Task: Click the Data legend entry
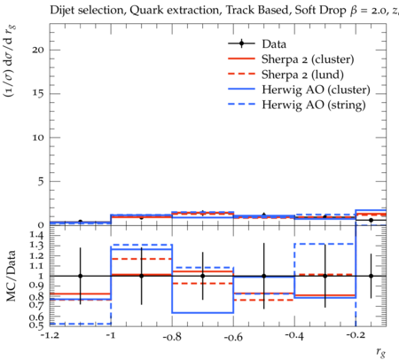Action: tap(274, 44)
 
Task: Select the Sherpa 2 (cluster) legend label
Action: tap(308, 59)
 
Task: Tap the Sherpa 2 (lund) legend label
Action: tap(302, 74)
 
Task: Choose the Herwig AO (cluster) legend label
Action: tap(316, 90)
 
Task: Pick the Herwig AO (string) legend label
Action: tap(314, 105)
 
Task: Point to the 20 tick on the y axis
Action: tap(38, 50)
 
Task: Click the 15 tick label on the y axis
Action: tap(38, 93)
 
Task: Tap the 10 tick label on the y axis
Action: tap(38, 137)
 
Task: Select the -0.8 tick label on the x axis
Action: tap(172, 336)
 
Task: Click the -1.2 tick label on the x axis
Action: tap(50, 335)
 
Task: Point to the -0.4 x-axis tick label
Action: tap(294, 335)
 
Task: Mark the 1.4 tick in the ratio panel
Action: tap(36, 235)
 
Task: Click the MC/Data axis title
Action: tap(11, 276)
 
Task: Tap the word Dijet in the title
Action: tap(62, 11)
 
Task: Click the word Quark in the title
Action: tap(143, 11)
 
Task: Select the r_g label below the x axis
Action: tap(380, 352)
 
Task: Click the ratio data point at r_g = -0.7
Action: tap(203, 276)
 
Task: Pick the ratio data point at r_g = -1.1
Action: tap(80, 276)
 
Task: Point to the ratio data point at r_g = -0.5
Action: tap(264, 276)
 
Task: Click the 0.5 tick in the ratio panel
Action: tap(36, 325)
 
